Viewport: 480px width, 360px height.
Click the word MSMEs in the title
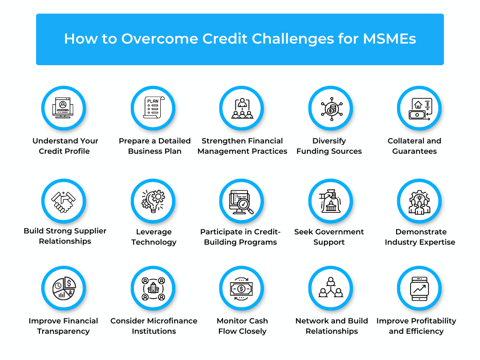point(390,39)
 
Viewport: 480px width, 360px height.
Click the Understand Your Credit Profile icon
point(63,108)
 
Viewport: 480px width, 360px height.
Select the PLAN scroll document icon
point(153,108)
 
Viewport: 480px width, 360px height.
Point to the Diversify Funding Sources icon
point(330,108)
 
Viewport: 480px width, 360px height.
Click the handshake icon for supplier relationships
point(63,201)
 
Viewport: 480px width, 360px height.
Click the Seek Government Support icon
point(330,201)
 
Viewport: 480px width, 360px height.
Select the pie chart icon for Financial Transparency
point(63,288)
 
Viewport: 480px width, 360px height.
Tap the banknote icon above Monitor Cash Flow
point(241,288)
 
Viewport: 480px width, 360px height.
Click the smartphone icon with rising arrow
point(420,288)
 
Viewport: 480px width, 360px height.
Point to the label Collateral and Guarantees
point(414,146)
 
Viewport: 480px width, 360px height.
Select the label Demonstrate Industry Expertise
point(420,237)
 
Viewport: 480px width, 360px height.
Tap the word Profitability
point(432,321)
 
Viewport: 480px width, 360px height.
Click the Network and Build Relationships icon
point(330,288)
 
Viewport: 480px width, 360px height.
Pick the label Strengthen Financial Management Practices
point(242,146)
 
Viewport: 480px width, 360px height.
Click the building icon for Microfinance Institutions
point(153,288)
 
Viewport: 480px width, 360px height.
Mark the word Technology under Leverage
point(154,242)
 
